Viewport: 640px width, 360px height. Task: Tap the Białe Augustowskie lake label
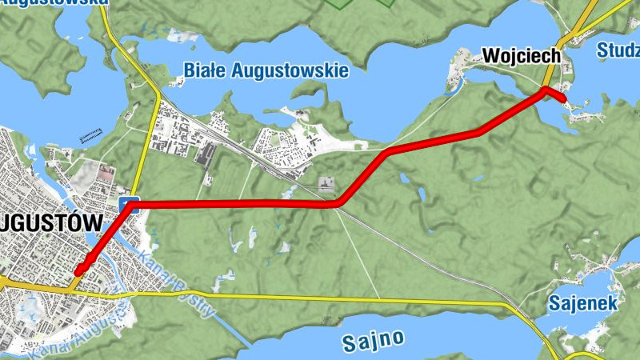point(266,70)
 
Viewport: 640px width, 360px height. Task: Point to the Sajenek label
point(583,303)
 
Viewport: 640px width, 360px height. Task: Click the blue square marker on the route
point(130,204)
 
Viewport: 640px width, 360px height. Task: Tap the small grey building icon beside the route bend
point(326,184)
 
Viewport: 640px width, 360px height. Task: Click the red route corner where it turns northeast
point(340,203)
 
